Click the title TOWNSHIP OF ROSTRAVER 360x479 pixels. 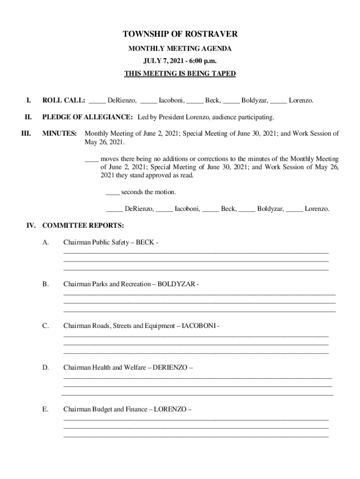[180, 34]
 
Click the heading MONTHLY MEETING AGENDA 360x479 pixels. [180, 49]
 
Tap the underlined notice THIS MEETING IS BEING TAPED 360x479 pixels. [180, 73]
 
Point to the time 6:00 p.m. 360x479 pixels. [203, 61]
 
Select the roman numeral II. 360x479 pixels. [28, 116]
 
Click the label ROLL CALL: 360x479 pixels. [64, 101]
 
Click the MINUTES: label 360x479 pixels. [60, 133]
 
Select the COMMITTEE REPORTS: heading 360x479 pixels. [83, 225]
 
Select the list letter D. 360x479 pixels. [45, 368]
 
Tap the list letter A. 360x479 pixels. [45, 242]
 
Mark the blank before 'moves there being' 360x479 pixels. [91, 160]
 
